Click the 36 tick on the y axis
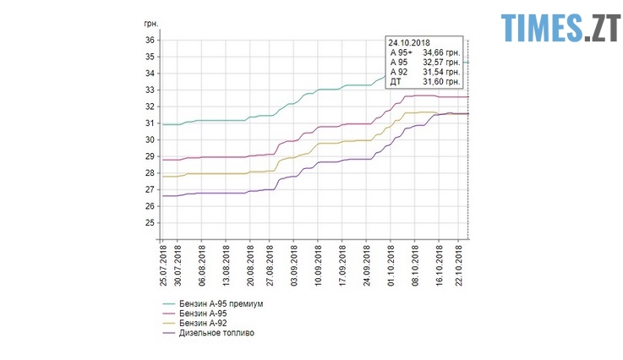[149, 41]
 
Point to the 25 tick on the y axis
[149, 223]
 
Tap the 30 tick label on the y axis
[149, 140]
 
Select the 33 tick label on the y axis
[149, 90]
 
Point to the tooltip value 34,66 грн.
[440, 52]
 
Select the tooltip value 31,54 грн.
[440, 72]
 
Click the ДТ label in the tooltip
[396, 82]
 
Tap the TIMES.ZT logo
[559, 28]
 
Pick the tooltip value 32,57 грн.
[440, 63]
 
